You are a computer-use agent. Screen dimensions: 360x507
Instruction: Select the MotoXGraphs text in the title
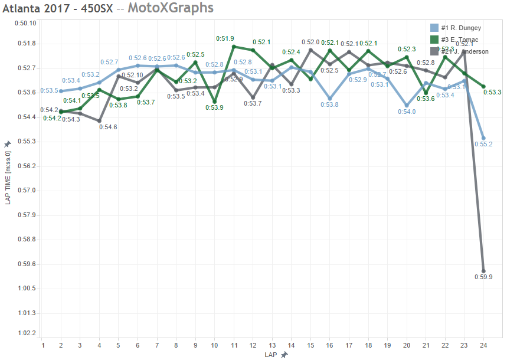(171, 8)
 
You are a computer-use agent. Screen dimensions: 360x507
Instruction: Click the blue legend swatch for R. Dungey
(434, 28)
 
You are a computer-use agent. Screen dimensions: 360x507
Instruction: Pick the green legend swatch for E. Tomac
(434, 40)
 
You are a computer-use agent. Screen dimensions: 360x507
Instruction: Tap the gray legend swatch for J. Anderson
(434, 51)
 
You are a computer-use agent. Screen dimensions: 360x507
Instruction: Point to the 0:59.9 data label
(483, 277)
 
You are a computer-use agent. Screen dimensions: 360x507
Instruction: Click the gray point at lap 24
(483, 271)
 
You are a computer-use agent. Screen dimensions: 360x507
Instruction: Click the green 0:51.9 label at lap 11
(225, 38)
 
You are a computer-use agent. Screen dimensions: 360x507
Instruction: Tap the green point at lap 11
(234, 47)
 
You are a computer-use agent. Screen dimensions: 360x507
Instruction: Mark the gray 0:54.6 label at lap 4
(108, 127)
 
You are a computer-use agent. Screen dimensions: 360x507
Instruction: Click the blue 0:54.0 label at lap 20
(406, 112)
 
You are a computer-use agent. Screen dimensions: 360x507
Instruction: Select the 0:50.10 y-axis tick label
(26, 24)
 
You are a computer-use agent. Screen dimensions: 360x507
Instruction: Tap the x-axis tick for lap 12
(253, 344)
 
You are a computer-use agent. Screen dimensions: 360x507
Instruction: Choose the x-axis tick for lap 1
(42, 344)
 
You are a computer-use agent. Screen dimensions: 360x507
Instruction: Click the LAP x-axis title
(271, 354)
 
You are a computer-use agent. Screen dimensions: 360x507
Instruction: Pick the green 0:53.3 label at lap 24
(492, 92)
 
